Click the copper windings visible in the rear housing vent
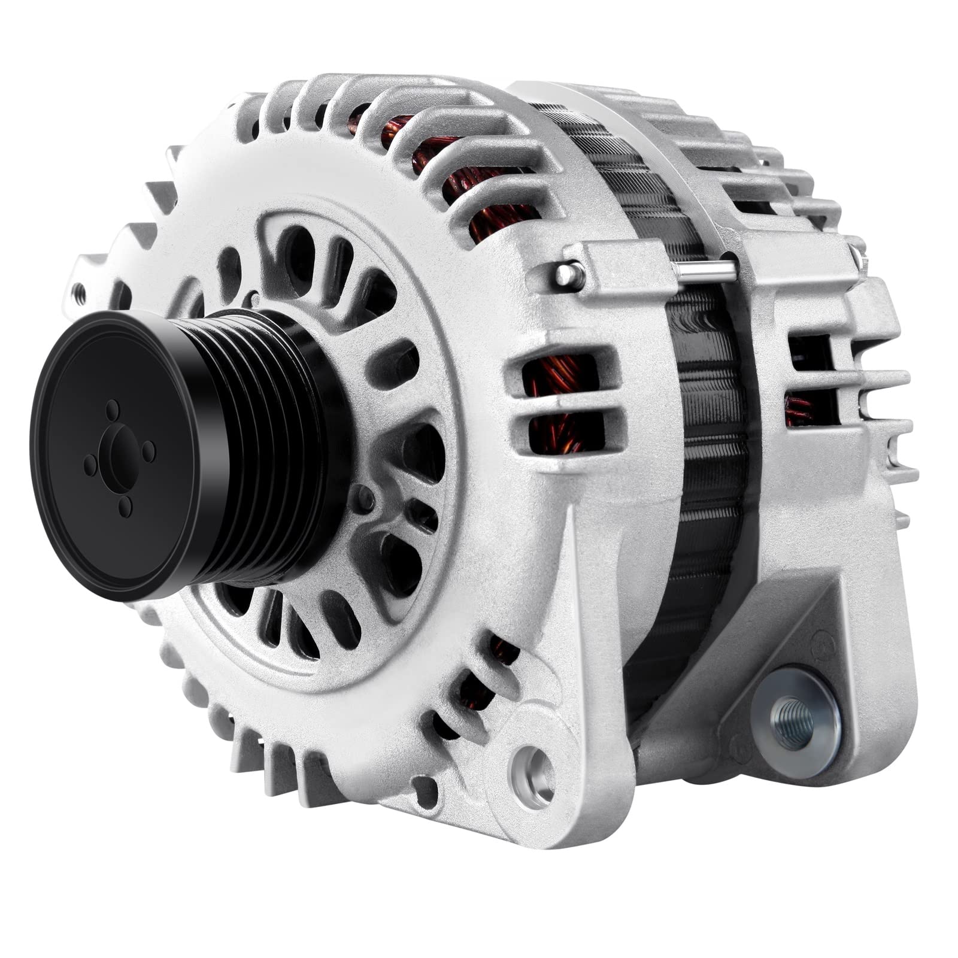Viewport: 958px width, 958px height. (799, 410)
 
